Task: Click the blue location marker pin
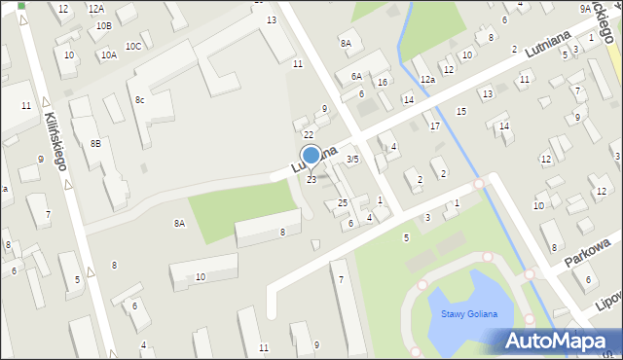[311, 156]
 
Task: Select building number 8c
[140, 99]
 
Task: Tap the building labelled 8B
[95, 143]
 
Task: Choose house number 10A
[108, 55]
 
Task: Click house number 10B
[103, 25]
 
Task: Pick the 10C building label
[133, 46]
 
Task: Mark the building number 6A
[356, 75]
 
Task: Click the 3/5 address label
[353, 159]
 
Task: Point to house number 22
[308, 134]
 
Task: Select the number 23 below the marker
[311, 180]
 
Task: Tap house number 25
[342, 202]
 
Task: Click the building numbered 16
[383, 82]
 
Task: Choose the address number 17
[434, 126]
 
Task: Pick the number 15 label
[461, 112]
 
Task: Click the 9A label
[585, 8]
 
